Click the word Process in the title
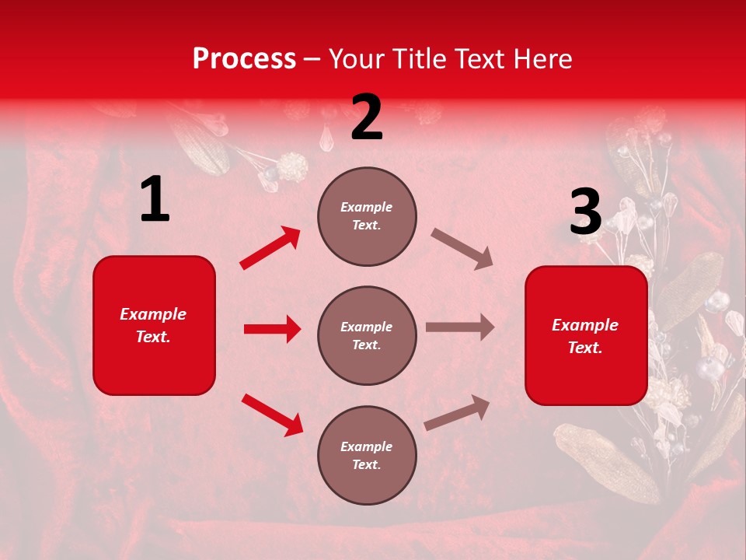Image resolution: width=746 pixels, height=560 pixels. pyautogui.click(x=244, y=59)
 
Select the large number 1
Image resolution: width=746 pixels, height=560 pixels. pyautogui.click(x=155, y=200)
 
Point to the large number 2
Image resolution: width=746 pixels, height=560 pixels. pyautogui.click(x=367, y=117)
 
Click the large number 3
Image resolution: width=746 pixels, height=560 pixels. pyautogui.click(x=585, y=212)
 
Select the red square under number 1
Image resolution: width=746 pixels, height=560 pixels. pyautogui.click(x=154, y=325)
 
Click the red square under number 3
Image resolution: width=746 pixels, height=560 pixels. pyautogui.click(x=586, y=335)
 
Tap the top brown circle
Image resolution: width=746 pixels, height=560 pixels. pyautogui.click(x=367, y=216)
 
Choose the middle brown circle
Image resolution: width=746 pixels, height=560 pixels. pyautogui.click(x=367, y=335)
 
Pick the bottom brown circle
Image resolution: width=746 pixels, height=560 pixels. pyautogui.click(x=367, y=455)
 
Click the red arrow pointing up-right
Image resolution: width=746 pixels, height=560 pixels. pyautogui.click(x=270, y=247)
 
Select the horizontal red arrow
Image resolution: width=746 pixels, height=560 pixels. pyautogui.click(x=272, y=329)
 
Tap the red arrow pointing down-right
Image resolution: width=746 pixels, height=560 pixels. pyautogui.click(x=272, y=414)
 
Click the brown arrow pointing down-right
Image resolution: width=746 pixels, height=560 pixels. pyautogui.click(x=462, y=248)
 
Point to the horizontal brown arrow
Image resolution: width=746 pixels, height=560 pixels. pyautogui.click(x=460, y=327)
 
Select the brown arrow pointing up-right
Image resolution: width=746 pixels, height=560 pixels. pyautogui.click(x=458, y=412)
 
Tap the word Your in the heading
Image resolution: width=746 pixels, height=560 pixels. pyautogui.click(x=357, y=59)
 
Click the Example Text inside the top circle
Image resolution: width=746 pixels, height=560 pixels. pyautogui.click(x=367, y=216)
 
